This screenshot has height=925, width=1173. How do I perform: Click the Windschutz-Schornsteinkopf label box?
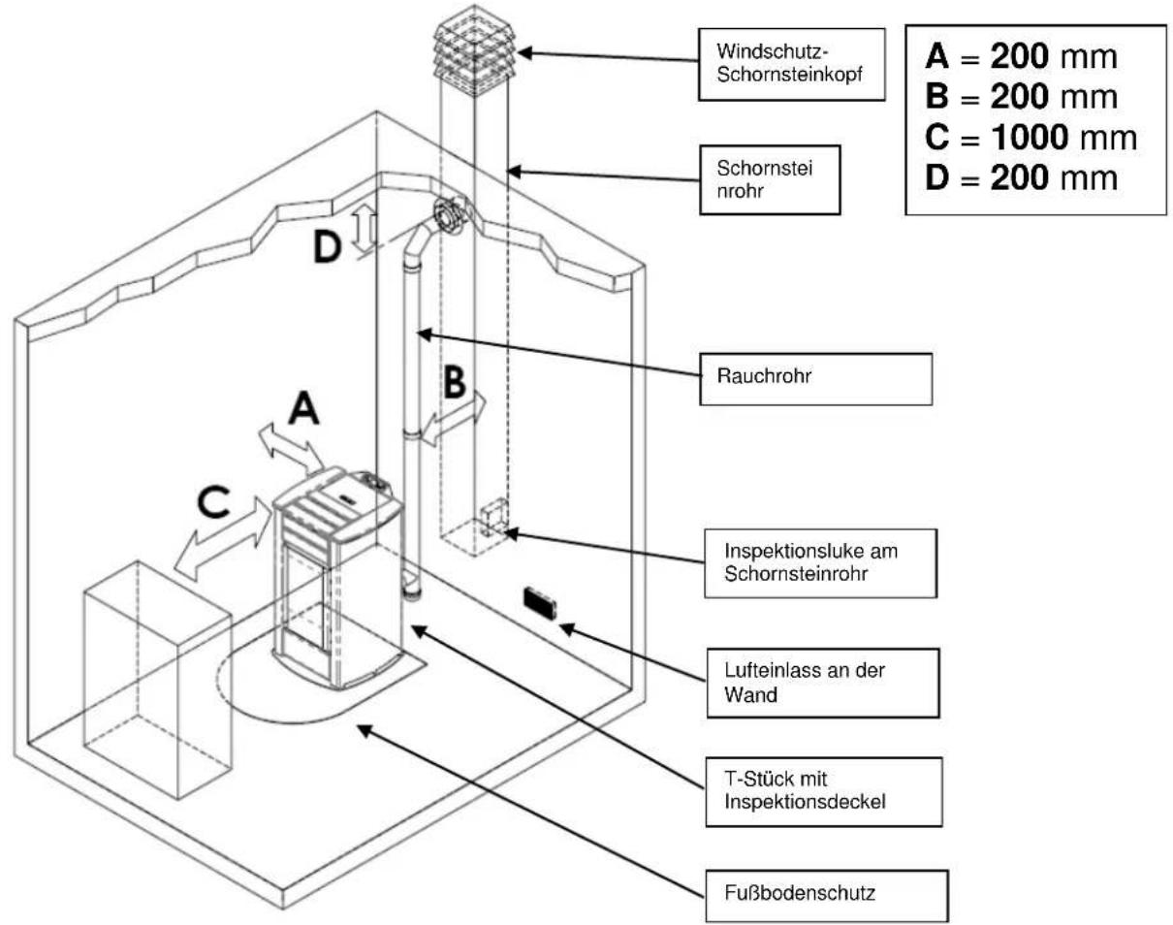(x=791, y=64)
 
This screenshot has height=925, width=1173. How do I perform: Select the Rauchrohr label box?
(x=816, y=380)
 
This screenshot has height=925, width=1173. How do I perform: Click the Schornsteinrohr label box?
(x=770, y=180)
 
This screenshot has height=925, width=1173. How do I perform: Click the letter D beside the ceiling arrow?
(x=327, y=246)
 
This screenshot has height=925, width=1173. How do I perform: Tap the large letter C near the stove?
(x=213, y=502)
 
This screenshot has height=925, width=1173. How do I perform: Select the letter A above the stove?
(x=303, y=409)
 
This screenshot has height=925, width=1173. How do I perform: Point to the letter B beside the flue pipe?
(x=455, y=382)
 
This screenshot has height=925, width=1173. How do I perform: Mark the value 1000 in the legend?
(x=1030, y=137)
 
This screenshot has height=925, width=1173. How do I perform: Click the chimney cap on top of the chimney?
(x=474, y=51)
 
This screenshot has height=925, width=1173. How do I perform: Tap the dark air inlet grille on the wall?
(x=540, y=603)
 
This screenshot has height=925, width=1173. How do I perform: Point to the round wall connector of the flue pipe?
(x=450, y=214)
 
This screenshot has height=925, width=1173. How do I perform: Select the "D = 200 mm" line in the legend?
(x=1021, y=177)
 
